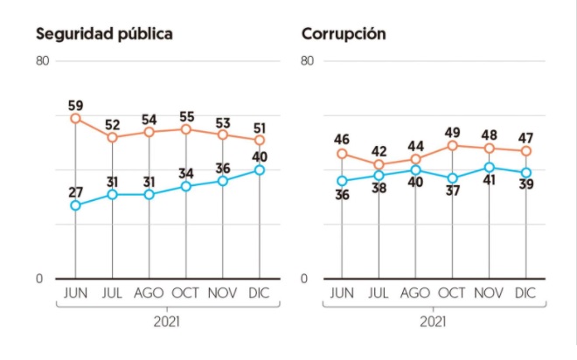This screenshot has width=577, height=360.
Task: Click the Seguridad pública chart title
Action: click(x=104, y=34)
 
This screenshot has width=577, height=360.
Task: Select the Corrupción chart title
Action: click(x=344, y=34)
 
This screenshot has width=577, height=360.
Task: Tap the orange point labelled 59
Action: click(x=75, y=119)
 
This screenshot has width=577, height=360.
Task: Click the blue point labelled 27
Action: click(x=75, y=205)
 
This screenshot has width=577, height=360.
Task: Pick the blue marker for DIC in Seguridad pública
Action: click(x=260, y=170)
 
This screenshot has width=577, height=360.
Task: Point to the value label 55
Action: click(x=186, y=117)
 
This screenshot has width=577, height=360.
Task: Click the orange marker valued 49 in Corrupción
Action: click(x=452, y=146)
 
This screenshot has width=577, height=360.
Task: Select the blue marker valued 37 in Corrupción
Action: click(x=452, y=178)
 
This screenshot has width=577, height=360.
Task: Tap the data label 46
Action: click(x=342, y=140)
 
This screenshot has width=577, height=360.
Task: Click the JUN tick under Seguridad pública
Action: click(x=75, y=293)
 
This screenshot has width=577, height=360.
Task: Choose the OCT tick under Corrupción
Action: click(x=452, y=293)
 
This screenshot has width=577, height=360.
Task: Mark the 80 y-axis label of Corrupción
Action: click(x=307, y=60)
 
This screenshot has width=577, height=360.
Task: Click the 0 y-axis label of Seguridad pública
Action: click(x=39, y=279)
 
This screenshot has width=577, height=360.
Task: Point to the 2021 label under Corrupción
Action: click(x=433, y=322)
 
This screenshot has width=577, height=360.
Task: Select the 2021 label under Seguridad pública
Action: click(x=167, y=322)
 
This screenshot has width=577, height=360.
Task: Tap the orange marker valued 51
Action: click(x=260, y=140)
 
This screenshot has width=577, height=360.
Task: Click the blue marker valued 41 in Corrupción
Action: click(x=489, y=168)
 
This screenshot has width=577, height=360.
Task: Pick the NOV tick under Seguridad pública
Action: click(x=223, y=293)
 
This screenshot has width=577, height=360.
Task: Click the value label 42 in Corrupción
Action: click(x=379, y=151)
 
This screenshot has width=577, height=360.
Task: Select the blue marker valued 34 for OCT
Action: click(x=186, y=186)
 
